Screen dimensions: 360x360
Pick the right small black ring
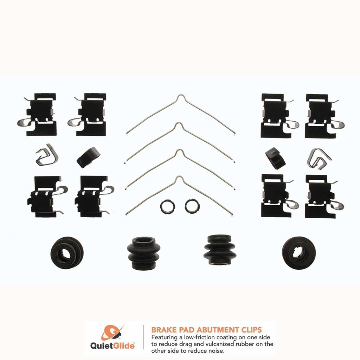[191, 206]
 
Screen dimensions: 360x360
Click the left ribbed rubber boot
[143, 252]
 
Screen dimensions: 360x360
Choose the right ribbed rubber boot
[219, 250]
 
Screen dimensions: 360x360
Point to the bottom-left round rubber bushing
[67, 252]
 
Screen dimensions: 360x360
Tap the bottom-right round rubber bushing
[298, 252]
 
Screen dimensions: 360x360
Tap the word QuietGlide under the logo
[112, 346]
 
